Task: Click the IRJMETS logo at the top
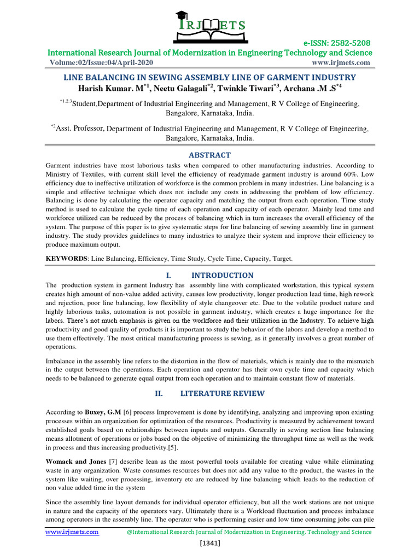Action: point(209,22)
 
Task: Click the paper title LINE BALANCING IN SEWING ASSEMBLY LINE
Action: point(210,78)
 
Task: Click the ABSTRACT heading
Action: point(209,155)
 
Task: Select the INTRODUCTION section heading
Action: point(222,275)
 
